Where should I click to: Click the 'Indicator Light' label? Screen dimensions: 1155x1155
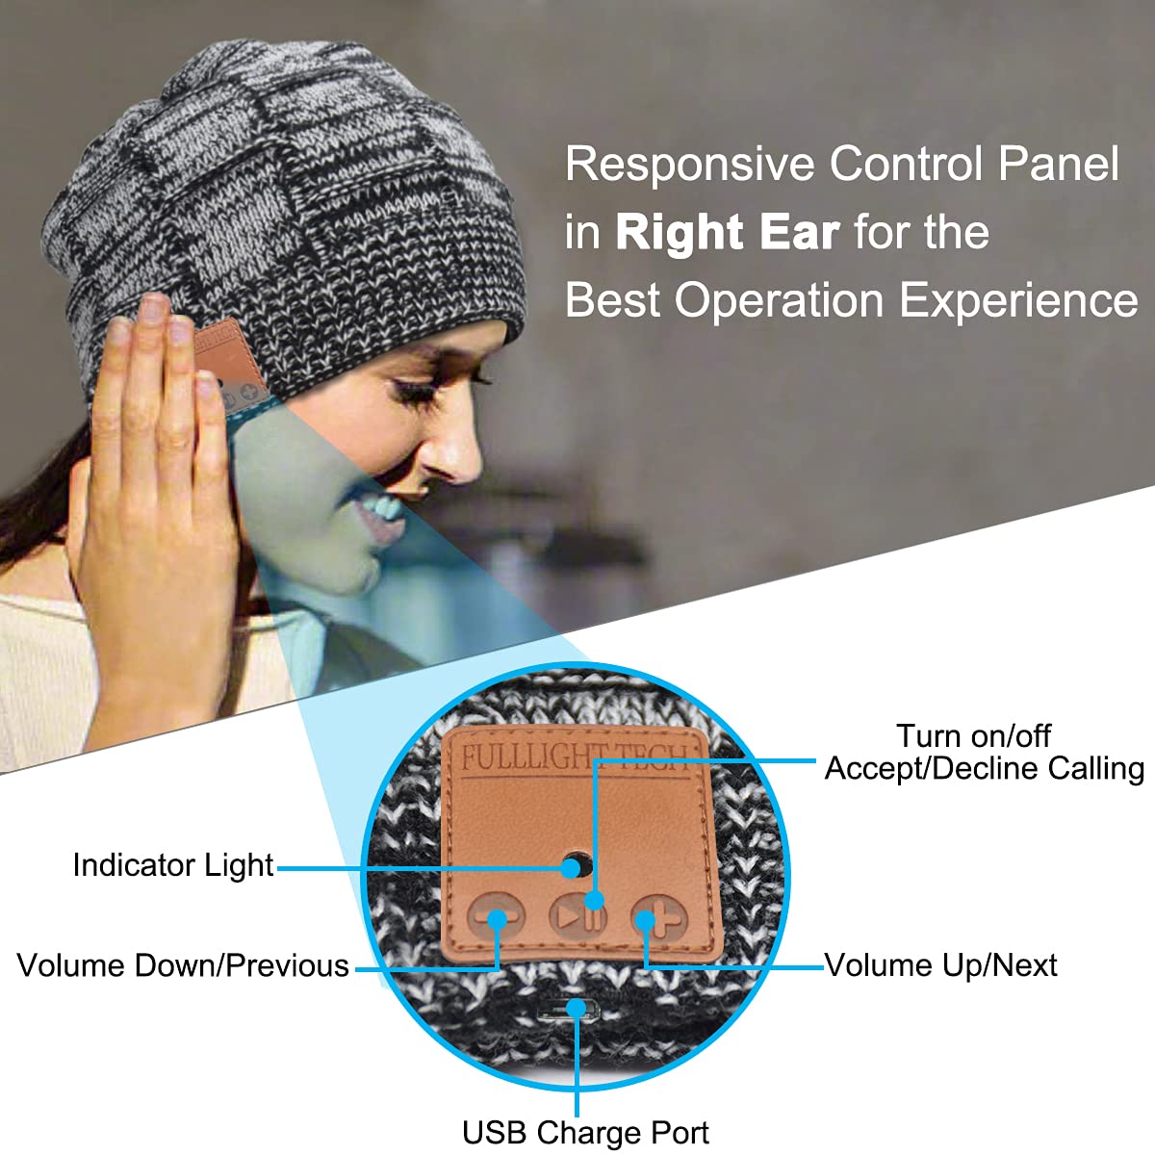pos(173,865)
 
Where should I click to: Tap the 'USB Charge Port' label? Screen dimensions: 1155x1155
pos(585,1132)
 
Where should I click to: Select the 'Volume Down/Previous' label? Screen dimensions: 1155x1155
pos(183,965)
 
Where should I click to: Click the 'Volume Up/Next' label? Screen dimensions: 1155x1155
pos(940,965)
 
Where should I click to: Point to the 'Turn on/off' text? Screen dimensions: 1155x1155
pos(973,736)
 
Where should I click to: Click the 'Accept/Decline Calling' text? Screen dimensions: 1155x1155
pos(984,769)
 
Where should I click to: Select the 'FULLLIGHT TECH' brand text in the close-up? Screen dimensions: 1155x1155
pos(575,757)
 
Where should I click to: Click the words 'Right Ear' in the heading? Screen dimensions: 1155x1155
pos(727,233)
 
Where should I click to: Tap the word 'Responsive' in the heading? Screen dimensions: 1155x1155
pos(689,165)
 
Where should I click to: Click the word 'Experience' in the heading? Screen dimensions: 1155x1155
pos(1018,300)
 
